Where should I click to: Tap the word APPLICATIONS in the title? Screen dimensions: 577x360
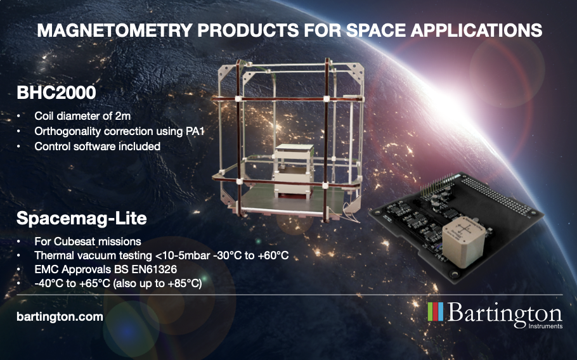(x=477, y=30)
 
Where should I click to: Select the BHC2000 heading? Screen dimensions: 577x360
(x=56, y=93)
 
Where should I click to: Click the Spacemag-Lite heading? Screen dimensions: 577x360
(x=82, y=219)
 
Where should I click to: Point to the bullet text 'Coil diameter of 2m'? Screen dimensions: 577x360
(x=82, y=116)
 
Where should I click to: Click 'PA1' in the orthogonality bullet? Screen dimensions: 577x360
(x=194, y=131)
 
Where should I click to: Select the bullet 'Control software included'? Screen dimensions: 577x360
(x=98, y=146)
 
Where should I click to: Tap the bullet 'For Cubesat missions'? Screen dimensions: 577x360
(x=88, y=241)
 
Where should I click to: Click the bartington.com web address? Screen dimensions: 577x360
(x=60, y=317)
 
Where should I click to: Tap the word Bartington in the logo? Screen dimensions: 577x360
(x=505, y=313)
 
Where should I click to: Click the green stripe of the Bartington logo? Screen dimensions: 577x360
(x=431, y=311)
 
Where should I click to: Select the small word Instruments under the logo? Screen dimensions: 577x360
(x=545, y=326)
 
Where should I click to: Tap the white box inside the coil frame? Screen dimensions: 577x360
(x=294, y=170)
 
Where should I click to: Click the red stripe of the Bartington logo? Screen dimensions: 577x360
(x=436, y=311)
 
